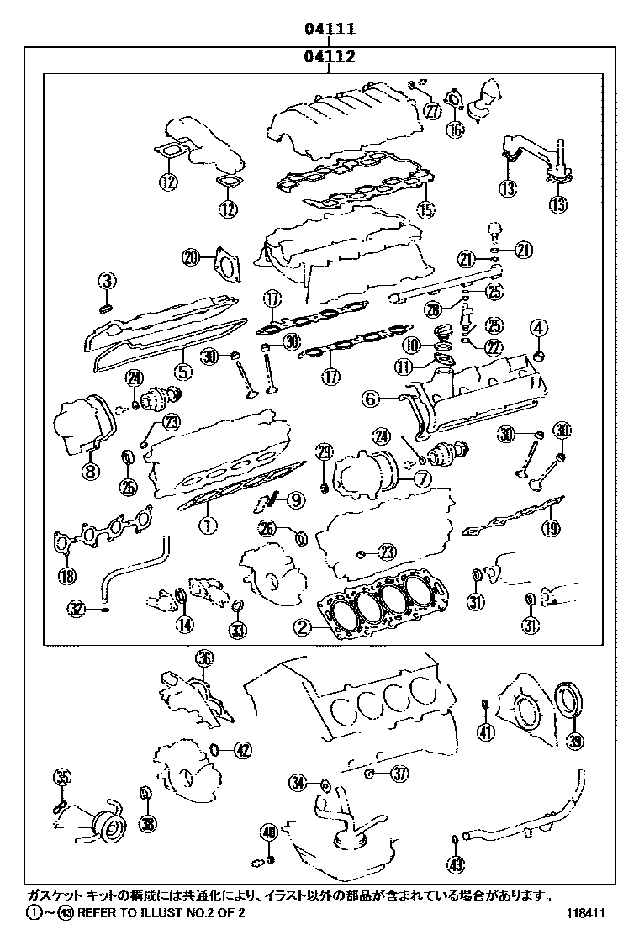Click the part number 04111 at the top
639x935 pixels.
point(330,29)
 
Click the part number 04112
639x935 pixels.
point(330,57)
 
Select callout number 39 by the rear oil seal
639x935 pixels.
point(575,741)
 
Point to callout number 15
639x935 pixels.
point(426,209)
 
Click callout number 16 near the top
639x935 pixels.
point(455,129)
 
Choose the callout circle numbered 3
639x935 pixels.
point(108,282)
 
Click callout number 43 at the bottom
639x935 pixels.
point(455,864)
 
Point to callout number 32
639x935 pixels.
point(77,608)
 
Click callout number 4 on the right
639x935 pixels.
point(538,328)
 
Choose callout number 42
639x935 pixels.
point(242,750)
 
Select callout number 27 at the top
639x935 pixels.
point(432,111)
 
